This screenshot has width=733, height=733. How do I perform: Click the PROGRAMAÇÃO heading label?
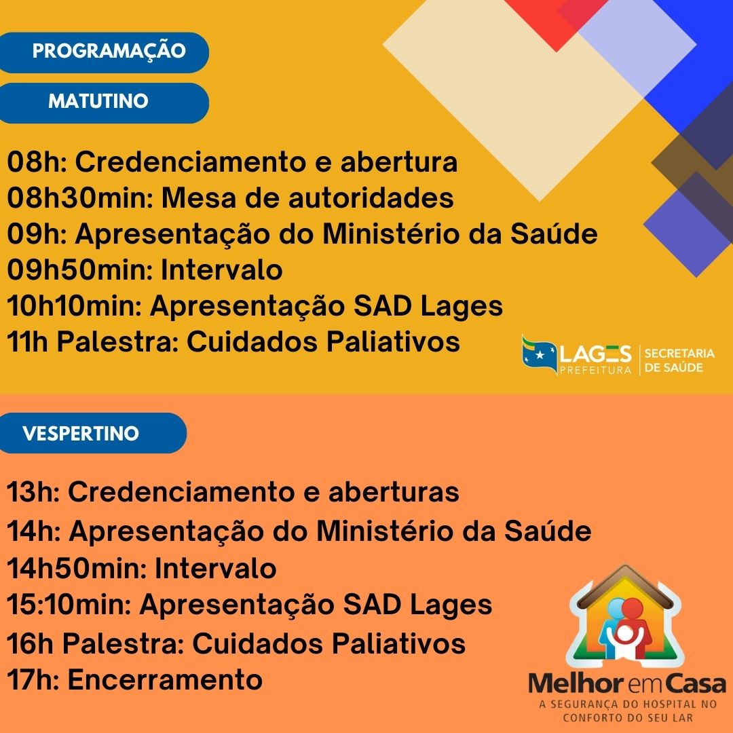pos(109,50)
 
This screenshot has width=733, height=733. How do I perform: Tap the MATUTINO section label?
pos(98,101)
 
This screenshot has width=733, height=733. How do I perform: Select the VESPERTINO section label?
pos(81,433)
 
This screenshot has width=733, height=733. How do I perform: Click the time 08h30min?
pos(80,198)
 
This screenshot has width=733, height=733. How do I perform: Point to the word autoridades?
pos(371,198)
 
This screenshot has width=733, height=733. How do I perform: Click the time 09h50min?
pos(79,269)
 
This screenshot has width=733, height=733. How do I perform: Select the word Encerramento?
pos(165,679)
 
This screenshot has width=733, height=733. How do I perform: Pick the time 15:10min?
pos(69,604)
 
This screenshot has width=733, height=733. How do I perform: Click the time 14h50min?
pos(77,569)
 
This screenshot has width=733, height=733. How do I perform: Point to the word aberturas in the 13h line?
pos(394,492)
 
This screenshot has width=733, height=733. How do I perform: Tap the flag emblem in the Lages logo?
pos(539,355)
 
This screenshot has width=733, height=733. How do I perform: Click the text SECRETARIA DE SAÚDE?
pos(679,360)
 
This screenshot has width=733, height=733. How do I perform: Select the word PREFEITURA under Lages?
pos(596,371)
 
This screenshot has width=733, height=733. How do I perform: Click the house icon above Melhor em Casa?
pos(626,616)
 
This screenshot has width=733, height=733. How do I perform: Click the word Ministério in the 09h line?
pos(390,233)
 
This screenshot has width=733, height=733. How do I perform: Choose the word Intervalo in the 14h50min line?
pos(216,569)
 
